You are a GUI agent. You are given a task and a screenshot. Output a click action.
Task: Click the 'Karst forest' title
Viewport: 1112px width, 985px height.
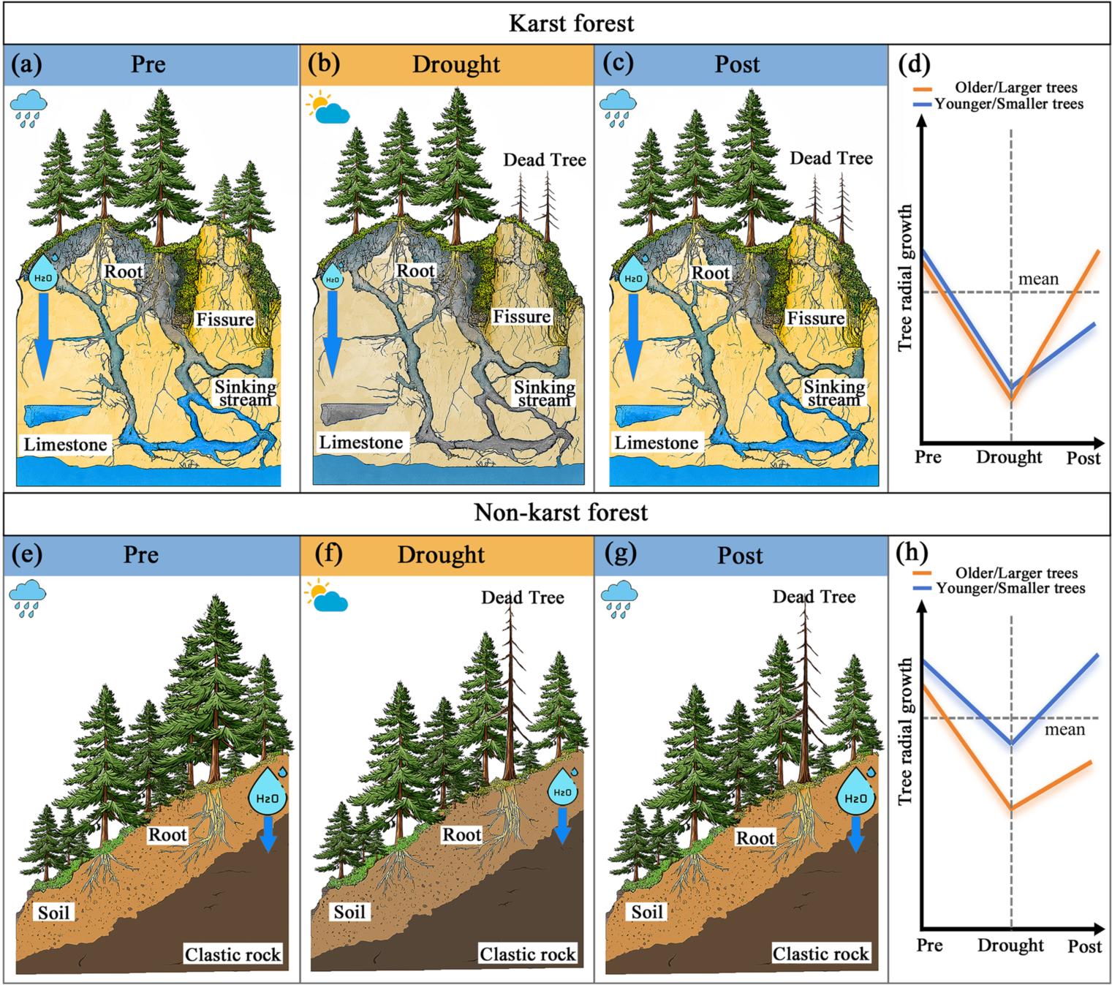pos(571,23)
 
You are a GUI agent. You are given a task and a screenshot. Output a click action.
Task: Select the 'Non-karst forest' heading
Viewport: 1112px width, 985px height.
pos(561,513)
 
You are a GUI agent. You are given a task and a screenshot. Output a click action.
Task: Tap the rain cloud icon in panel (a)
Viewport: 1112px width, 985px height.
pos(29,108)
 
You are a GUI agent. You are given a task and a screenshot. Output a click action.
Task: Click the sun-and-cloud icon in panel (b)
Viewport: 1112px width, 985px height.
pos(328,108)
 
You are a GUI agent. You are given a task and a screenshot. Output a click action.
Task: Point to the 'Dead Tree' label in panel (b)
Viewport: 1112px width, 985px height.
pos(545,159)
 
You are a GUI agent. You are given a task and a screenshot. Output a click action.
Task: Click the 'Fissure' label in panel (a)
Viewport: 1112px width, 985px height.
pos(225,319)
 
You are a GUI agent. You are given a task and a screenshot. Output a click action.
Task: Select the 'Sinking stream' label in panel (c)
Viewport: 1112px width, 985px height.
pos(834,393)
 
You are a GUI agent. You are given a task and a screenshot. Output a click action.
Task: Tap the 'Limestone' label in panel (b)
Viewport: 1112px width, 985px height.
pos(360,442)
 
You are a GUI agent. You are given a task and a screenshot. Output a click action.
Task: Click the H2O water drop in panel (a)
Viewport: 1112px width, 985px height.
pos(43,272)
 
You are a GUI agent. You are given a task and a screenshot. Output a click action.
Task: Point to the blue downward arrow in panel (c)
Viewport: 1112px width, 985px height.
pos(633,337)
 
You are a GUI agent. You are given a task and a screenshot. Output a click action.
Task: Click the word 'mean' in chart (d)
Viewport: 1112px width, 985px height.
pos(1038,279)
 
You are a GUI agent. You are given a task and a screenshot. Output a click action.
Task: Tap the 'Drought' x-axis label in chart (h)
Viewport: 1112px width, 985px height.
pos(1010,944)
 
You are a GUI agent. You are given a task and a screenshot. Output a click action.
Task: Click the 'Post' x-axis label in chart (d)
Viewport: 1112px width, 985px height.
pos(1083,457)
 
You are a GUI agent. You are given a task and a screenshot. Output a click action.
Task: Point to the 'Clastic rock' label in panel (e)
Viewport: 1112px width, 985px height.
pos(232,954)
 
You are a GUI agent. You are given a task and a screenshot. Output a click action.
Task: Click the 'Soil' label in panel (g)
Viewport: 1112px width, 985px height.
pos(646,912)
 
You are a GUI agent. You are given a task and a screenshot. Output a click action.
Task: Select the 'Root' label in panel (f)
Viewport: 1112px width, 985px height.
pos(461,834)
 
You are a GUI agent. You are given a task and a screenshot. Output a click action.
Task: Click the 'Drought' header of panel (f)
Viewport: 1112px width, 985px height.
pos(441,554)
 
